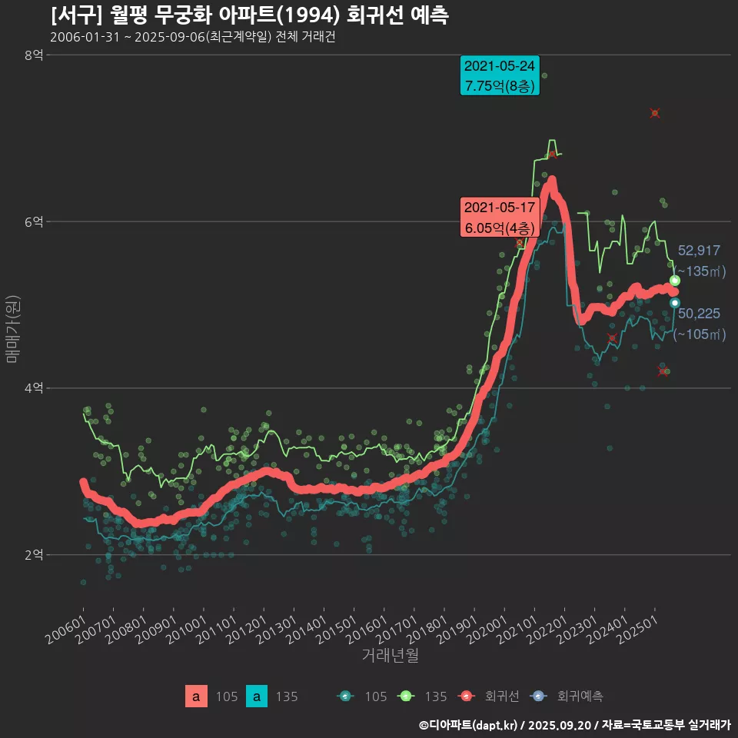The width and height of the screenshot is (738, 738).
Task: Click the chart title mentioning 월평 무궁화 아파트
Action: pos(250,15)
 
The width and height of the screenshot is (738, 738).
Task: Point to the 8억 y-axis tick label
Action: pos(33,55)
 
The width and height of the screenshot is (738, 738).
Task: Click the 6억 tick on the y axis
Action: pos(33,221)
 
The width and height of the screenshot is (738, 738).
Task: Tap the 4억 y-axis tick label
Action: pos(33,388)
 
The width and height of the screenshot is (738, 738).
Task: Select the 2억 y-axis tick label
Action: pos(33,555)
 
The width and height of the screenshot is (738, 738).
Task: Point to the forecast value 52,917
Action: pos(699,251)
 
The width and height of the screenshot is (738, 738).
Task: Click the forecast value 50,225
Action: pos(699,313)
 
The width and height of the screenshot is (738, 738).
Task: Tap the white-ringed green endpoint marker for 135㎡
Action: pos(675,281)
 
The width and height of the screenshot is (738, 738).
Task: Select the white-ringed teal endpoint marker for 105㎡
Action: pos(675,303)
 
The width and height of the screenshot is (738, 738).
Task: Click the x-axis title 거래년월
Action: pos(390,656)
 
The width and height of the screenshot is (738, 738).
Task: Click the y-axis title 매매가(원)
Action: pos(12,328)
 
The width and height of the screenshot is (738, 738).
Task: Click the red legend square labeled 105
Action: pos(196,696)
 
